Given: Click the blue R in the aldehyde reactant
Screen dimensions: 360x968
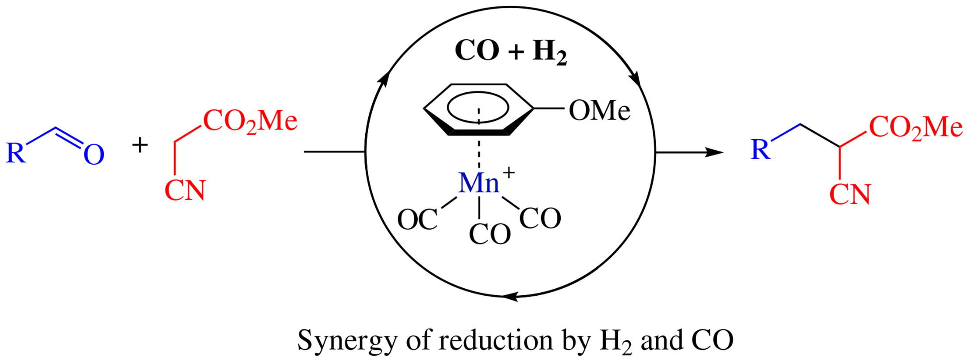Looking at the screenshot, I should [16, 153].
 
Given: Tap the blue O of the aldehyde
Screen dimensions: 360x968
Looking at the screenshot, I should [94, 155].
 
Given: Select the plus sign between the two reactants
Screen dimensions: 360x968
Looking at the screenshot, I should [140, 145].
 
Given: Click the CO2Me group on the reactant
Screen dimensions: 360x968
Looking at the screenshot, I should [250, 121].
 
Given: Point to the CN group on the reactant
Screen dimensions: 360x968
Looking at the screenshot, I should [185, 190].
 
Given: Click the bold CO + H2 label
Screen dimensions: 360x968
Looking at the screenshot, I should [510, 52].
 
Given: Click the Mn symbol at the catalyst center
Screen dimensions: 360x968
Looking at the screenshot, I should [479, 183].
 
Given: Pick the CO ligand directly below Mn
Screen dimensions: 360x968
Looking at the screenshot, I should [489, 234].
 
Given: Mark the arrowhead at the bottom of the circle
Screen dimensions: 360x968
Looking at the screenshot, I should [509, 297].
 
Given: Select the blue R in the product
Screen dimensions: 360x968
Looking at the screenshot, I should [760, 150].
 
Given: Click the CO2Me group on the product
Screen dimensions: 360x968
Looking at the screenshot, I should [916, 127].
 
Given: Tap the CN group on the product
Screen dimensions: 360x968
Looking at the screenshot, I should [850, 194].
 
